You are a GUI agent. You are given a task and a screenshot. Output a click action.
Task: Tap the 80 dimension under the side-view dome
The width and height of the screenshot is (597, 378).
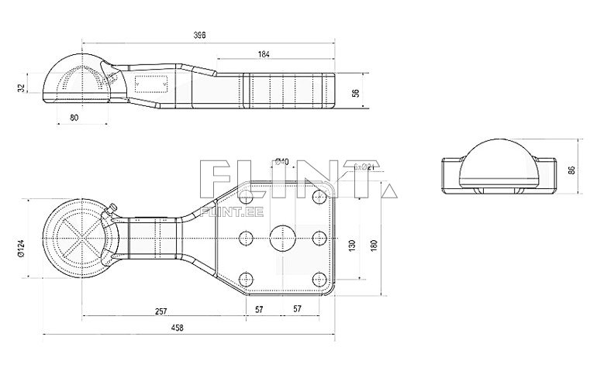click(74, 117)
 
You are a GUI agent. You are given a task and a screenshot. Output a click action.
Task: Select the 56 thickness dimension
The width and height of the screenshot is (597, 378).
click(356, 92)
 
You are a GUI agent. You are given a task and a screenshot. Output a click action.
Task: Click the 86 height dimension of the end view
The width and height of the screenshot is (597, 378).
click(572, 170)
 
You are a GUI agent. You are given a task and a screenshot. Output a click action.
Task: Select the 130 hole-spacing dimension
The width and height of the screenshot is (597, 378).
click(353, 246)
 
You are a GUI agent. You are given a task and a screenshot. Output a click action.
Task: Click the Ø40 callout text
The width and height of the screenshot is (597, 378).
click(282, 161)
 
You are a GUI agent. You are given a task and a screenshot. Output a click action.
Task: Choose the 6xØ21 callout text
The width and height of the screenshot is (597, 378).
click(364, 167)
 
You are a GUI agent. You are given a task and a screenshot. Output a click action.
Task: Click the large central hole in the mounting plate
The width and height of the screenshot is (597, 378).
click(281, 238)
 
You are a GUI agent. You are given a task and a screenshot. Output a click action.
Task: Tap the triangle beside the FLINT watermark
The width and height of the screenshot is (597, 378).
click(391, 189)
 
